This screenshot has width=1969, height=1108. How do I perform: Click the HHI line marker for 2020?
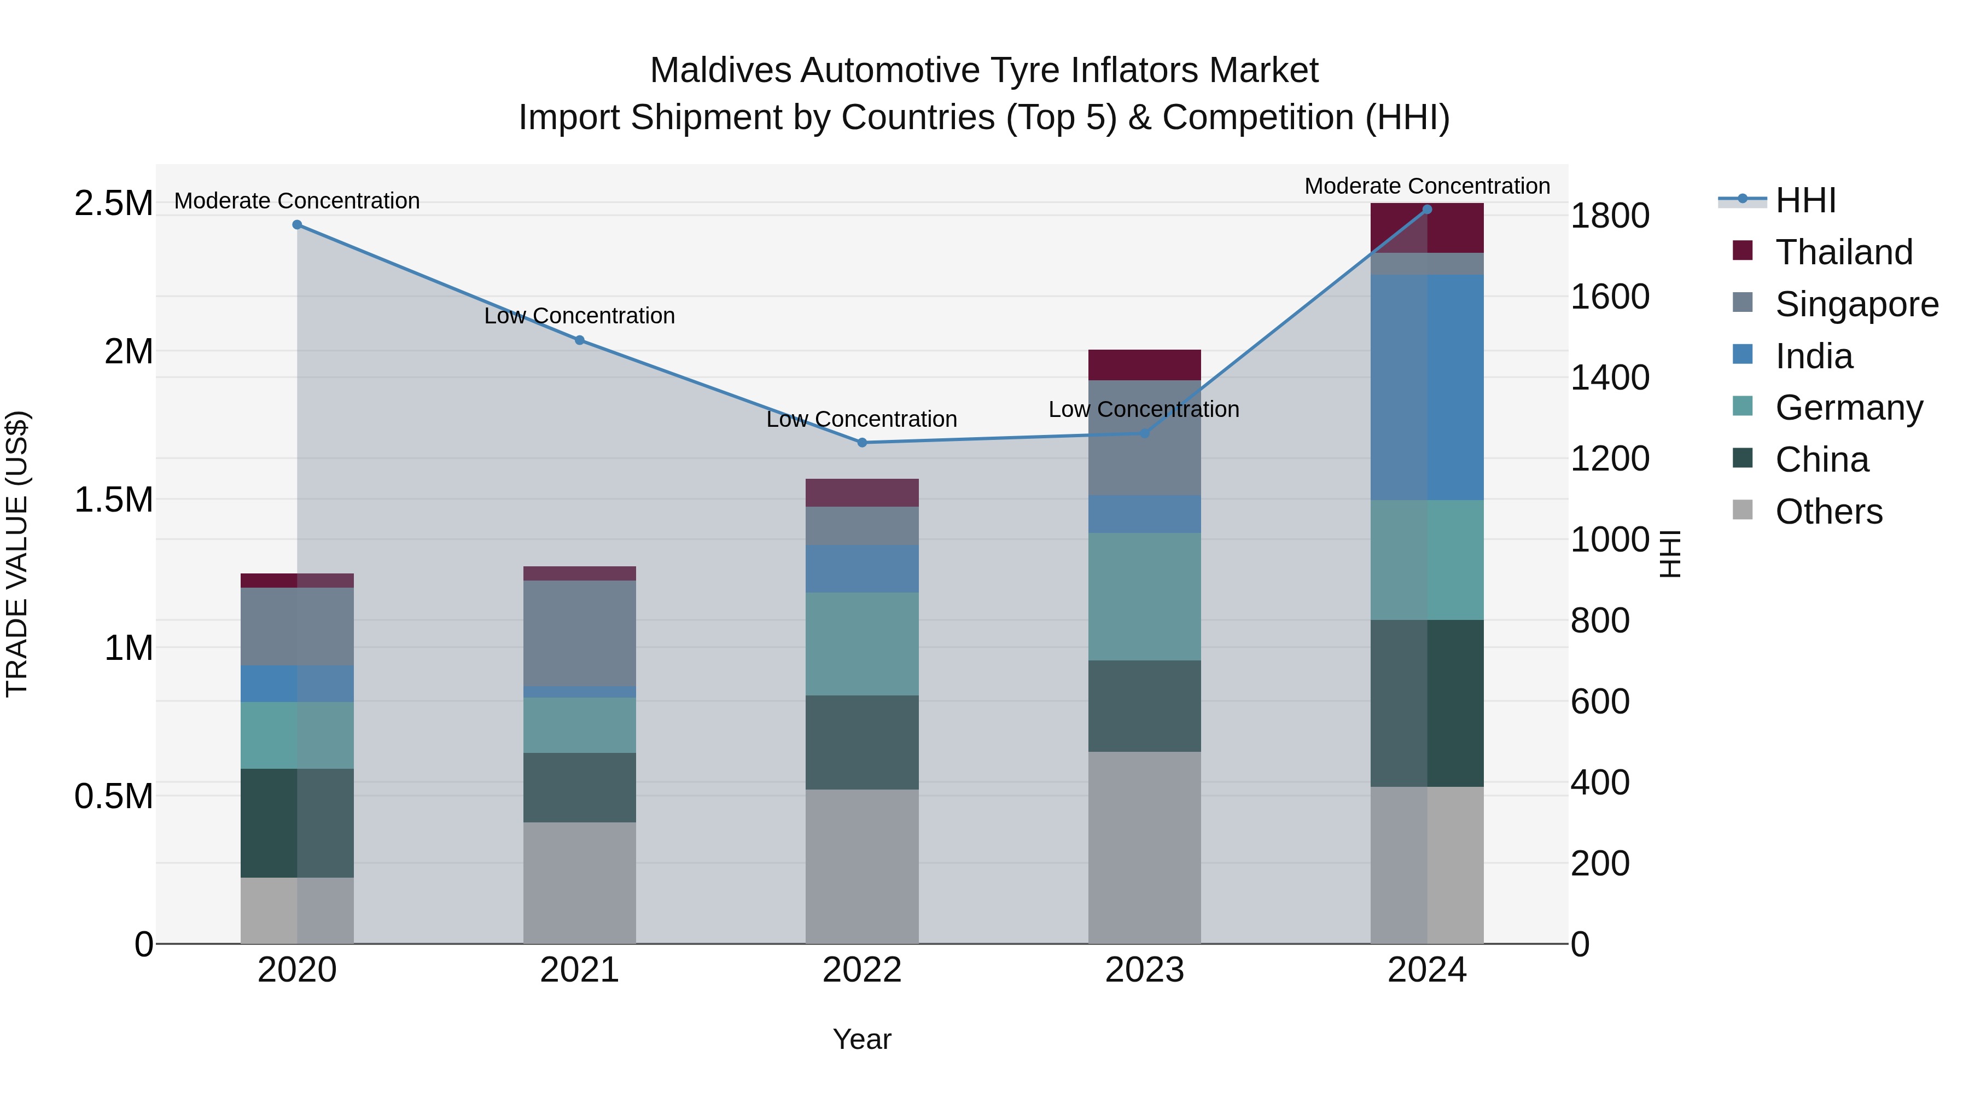(x=298, y=225)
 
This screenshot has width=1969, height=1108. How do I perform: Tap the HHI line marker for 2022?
(x=862, y=443)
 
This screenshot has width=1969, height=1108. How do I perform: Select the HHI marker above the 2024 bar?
(x=1427, y=210)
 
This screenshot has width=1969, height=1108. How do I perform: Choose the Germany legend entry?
(x=1848, y=408)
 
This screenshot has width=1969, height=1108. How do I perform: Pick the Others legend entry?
(x=1828, y=512)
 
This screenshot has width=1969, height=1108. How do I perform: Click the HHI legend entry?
(x=1805, y=200)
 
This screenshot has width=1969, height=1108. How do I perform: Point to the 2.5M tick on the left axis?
(x=113, y=204)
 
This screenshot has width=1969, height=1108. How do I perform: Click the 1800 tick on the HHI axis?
(x=1610, y=216)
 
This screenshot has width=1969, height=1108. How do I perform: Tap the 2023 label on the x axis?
(x=1144, y=970)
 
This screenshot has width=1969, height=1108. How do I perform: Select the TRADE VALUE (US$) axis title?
(x=17, y=554)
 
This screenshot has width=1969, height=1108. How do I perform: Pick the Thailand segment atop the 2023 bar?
(x=1144, y=365)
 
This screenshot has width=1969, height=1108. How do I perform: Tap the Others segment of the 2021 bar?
(x=579, y=883)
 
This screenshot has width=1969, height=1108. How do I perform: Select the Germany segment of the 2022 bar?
(x=862, y=644)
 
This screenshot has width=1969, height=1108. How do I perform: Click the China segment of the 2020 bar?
(x=298, y=823)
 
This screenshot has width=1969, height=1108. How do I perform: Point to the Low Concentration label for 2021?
(x=579, y=316)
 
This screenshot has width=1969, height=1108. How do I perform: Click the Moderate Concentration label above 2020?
(x=298, y=201)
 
